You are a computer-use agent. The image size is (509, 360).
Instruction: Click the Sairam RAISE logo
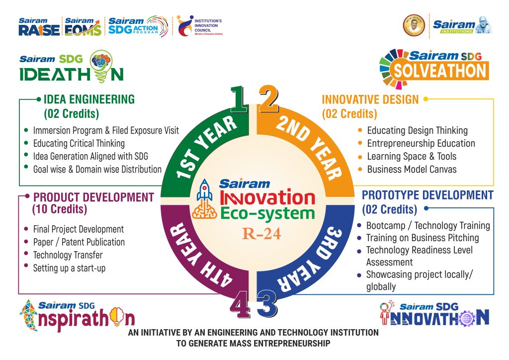point(39,27)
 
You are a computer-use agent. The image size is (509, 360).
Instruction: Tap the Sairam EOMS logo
point(83,27)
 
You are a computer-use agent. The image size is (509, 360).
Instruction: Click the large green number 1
point(239,99)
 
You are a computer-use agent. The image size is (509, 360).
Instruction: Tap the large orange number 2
point(268,99)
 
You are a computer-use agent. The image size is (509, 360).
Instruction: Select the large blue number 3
point(267,304)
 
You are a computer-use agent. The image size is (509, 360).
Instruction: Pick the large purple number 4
point(240,304)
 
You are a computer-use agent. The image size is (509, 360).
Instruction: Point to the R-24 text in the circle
point(261,234)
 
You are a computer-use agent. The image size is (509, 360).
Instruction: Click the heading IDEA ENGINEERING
point(89,99)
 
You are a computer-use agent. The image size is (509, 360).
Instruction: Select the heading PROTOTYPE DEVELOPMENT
point(427,195)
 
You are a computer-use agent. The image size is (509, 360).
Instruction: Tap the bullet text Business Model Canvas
point(412,170)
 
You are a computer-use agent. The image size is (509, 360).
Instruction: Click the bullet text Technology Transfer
point(68,255)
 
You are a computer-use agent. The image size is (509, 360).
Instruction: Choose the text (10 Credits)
point(60,209)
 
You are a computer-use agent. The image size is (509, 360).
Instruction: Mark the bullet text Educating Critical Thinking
point(79,144)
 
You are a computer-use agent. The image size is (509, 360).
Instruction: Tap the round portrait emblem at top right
point(414,25)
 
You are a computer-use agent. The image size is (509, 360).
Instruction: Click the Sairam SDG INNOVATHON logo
point(434,313)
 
